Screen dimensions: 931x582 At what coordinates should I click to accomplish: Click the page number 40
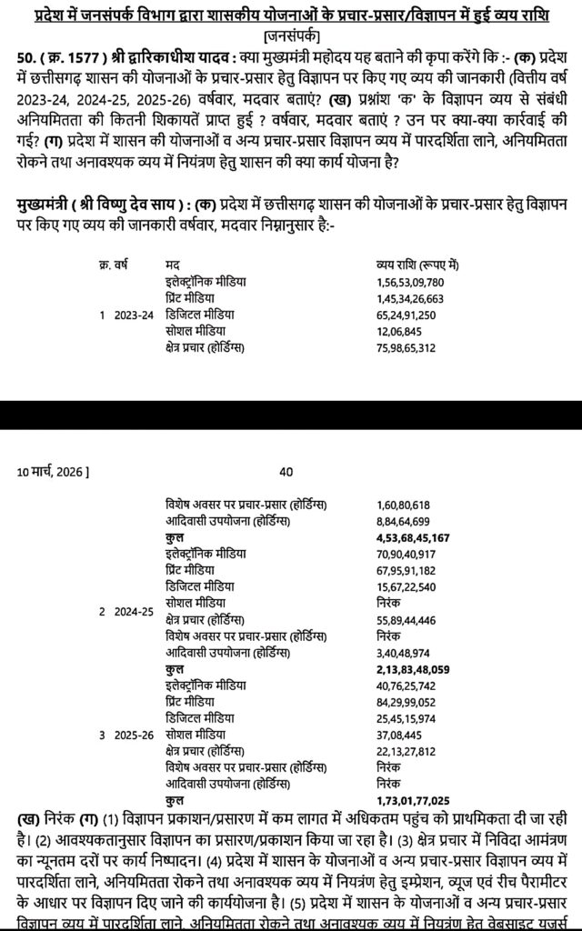tap(286, 472)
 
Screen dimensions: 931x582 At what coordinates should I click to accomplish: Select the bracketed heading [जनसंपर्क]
tap(290, 35)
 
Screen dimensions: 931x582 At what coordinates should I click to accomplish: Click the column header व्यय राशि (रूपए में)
tap(417, 265)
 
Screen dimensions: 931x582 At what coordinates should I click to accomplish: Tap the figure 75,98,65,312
tap(406, 347)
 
